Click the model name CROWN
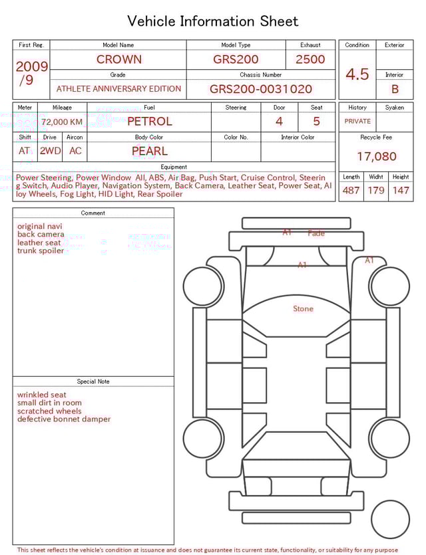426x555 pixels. click(118, 59)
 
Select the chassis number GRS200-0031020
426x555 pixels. click(260, 89)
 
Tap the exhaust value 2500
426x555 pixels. click(310, 59)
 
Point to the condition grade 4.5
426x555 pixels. click(357, 74)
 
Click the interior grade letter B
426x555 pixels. click(395, 89)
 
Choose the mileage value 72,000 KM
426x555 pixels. click(62, 122)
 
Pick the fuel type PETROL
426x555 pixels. click(149, 121)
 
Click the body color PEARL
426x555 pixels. click(149, 151)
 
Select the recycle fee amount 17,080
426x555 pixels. click(376, 157)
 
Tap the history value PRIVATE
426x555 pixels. click(357, 121)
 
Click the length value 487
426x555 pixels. click(351, 191)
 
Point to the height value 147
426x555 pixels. click(401, 191)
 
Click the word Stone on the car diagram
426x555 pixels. click(303, 309)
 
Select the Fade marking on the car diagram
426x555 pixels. click(316, 233)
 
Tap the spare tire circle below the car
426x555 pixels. click(390, 520)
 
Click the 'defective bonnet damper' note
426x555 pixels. click(64, 419)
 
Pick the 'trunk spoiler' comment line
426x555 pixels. click(41, 251)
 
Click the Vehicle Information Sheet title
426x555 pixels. click(213, 21)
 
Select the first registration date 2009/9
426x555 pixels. click(31, 73)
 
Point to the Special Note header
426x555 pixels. click(93, 382)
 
